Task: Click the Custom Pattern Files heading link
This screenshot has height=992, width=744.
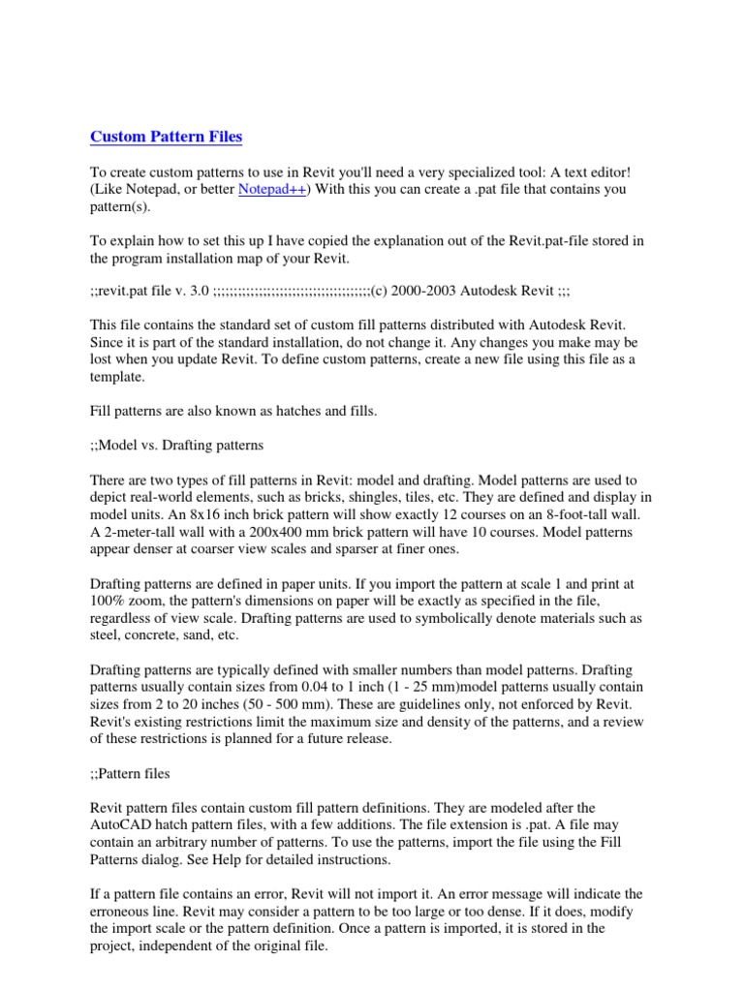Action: coord(167,137)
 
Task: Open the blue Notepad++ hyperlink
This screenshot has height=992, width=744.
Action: coord(272,190)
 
